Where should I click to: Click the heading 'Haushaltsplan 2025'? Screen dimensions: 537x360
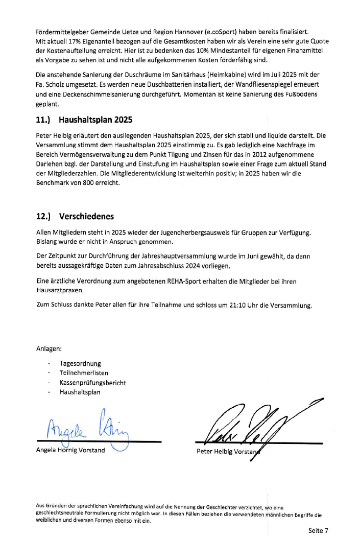(95, 121)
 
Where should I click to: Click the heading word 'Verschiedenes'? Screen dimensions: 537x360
(86, 216)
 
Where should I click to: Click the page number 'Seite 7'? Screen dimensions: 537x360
(318, 530)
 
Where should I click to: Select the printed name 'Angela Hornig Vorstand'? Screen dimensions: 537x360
(70, 450)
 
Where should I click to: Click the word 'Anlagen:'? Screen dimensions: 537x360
(49, 349)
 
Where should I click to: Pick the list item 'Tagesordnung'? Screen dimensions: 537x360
(80, 364)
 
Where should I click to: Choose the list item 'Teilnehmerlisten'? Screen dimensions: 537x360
(84, 373)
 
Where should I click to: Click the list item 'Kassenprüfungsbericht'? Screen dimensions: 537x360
(93, 383)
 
